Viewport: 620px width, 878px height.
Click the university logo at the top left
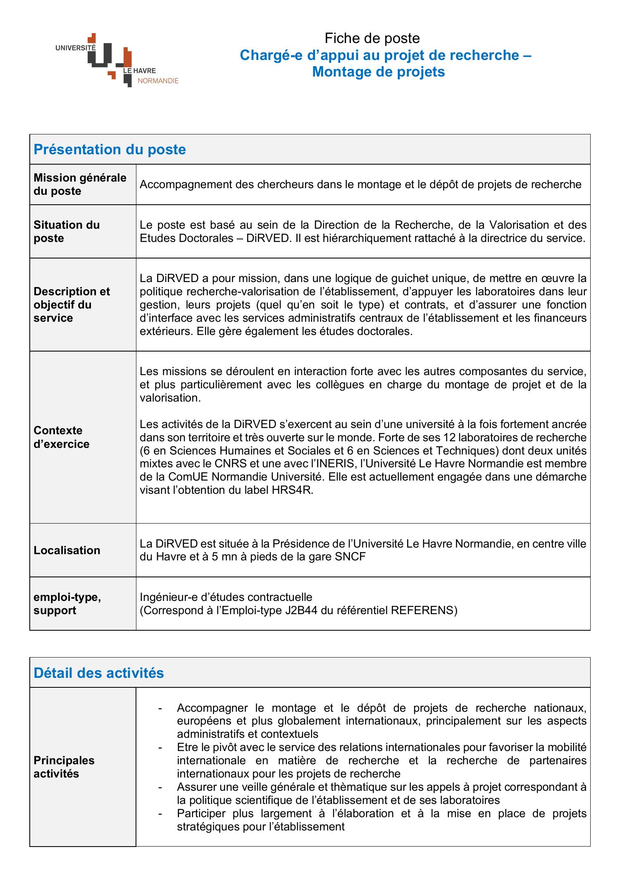(117, 60)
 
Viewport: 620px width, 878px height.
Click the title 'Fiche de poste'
(372, 38)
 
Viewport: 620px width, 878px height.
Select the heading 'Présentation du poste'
(110, 149)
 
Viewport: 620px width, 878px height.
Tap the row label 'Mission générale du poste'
(80, 184)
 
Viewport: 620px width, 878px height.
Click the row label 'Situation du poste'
(67, 232)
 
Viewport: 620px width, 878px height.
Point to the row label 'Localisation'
(67, 550)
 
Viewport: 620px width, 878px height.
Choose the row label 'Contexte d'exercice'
(61, 437)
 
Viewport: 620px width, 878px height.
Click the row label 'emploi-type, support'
(67, 604)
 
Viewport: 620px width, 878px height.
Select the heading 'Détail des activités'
(99, 673)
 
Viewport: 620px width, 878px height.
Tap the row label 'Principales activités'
(64, 767)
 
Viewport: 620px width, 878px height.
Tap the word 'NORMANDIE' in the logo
(157, 81)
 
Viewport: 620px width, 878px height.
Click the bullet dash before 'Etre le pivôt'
(160, 747)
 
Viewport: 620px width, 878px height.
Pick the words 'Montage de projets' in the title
(378, 72)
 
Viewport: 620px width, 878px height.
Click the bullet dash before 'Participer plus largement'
(160, 813)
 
